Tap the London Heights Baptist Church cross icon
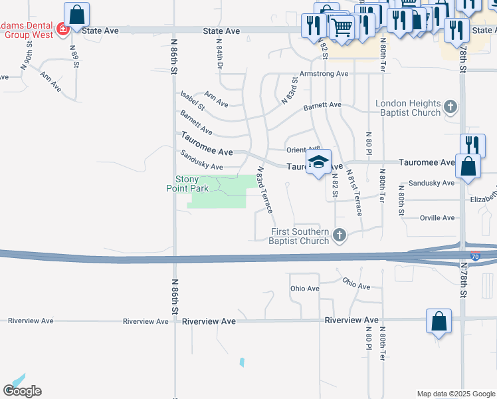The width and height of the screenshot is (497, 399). (450, 106)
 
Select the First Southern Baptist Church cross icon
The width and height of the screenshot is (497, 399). (340, 235)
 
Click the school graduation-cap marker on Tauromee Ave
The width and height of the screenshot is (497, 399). (318, 162)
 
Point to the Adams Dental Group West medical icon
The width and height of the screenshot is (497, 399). (62, 29)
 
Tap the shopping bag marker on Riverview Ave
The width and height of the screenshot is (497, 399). (439, 321)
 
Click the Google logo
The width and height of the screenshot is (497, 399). (22, 391)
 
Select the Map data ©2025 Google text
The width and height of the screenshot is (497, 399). (455, 394)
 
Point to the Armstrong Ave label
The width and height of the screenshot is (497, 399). (324, 74)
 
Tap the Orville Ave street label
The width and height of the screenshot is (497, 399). (437, 218)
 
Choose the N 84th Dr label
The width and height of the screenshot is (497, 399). (219, 54)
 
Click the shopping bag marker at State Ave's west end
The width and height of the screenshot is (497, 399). (77, 14)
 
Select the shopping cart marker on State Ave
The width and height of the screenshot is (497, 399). (342, 28)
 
